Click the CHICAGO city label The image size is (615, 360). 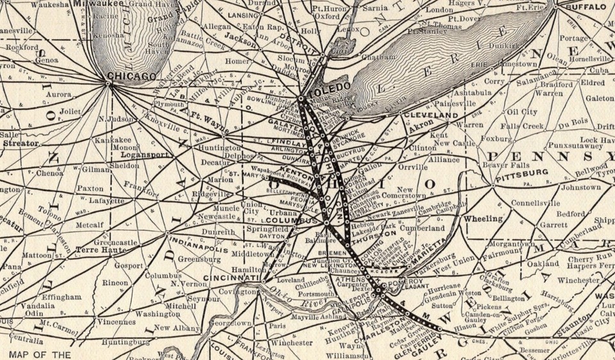pos(132,76)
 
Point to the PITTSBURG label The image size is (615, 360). pos(521,172)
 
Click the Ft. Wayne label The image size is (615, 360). pos(209,120)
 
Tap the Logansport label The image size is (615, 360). pos(149,155)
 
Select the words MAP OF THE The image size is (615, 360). pos(40,354)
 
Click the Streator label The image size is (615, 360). pos(20,143)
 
